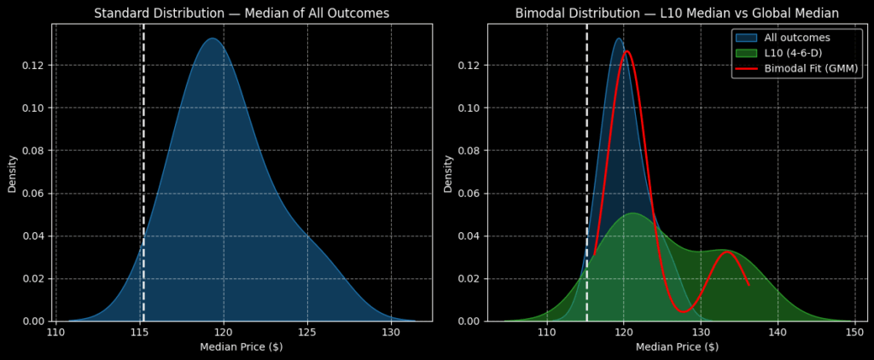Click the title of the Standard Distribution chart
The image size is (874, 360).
pyautogui.click(x=242, y=13)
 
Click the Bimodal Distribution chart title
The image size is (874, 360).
pyautogui.click(x=677, y=13)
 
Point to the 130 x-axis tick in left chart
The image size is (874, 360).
pyautogui.click(x=390, y=331)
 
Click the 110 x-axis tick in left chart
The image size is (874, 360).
pyautogui.click(x=56, y=331)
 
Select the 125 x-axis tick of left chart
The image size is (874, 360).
pyautogui.click(x=307, y=331)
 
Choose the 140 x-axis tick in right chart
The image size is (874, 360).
pyautogui.click(x=777, y=331)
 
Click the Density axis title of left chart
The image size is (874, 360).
pyautogui.click(x=13, y=172)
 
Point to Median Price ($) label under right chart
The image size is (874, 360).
pyautogui.click(x=677, y=347)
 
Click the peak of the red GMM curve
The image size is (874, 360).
pyautogui.click(x=626, y=51)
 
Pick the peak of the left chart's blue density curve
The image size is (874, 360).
pyautogui.click(x=213, y=38)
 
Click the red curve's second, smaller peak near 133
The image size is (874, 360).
pyautogui.click(x=727, y=252)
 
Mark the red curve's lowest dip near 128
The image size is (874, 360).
pyautogui.click(x=683, y=311)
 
